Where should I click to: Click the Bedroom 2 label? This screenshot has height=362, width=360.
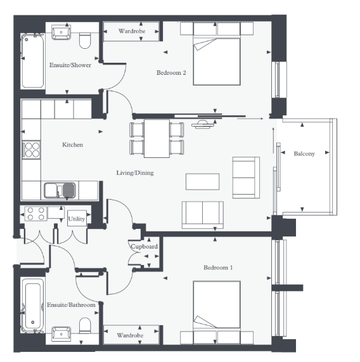[171, 73]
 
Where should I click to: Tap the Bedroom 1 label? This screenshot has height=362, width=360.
[218, 268]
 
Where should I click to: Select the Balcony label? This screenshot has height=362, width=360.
[304, 154]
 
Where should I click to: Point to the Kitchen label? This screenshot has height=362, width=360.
[72, 145]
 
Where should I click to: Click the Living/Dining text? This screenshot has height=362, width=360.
[135, 173]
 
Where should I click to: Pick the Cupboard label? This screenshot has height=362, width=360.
[145, 247]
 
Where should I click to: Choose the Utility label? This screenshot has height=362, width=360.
[77, 219]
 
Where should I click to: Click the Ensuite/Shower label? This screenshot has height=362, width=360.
[70, 65]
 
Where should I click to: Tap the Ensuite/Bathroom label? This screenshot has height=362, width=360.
[71, 305]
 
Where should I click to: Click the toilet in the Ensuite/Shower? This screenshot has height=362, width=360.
[85, 41]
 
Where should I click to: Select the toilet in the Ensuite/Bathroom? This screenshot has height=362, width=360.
[85, 325]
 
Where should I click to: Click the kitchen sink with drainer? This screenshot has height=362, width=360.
[60, 190]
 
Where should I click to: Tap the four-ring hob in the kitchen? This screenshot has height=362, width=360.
[32, 150]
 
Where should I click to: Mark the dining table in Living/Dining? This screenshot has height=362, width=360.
[157, 138]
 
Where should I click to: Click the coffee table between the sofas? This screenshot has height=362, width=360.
[202, 182]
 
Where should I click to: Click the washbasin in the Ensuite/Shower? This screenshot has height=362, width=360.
[61, 32]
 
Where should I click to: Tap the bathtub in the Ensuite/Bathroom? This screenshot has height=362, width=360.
[33, 305]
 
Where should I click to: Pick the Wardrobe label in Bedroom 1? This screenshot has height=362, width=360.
[130, 335]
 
